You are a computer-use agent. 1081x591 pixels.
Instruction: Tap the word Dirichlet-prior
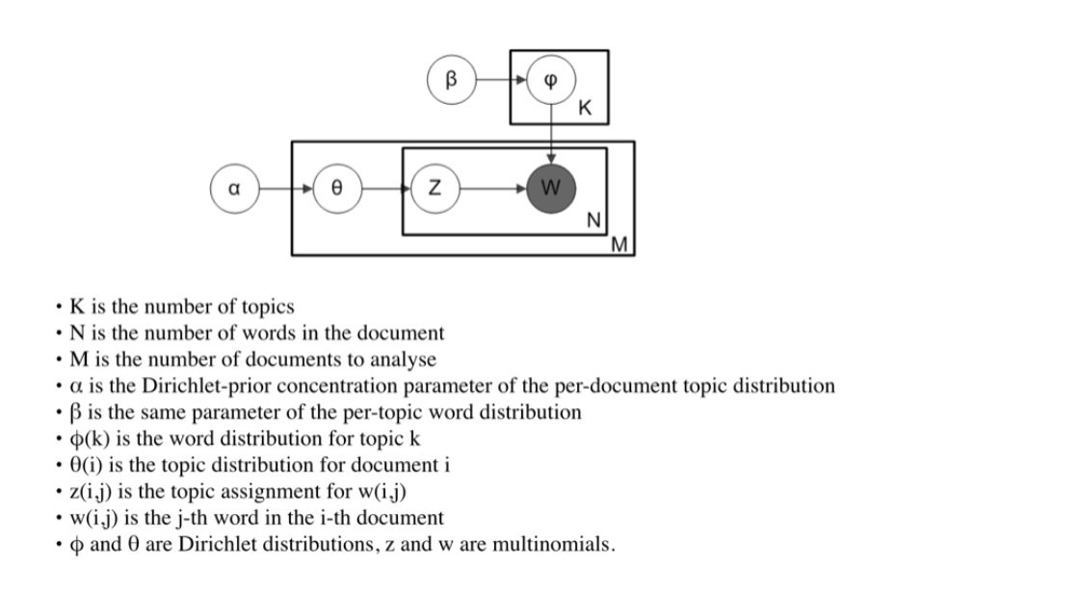(x=199, y=386)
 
